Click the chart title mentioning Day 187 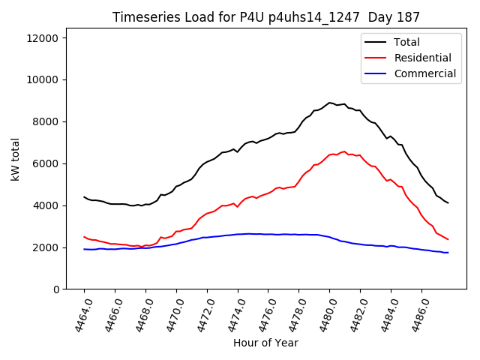266,17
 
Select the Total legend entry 406,42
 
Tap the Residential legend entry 422,58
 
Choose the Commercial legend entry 424,73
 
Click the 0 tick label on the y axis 61,289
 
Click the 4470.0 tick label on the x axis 169,313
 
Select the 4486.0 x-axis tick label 415,313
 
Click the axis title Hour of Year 265,343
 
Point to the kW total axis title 16,163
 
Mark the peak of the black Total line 329,103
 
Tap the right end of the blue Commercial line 448,253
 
